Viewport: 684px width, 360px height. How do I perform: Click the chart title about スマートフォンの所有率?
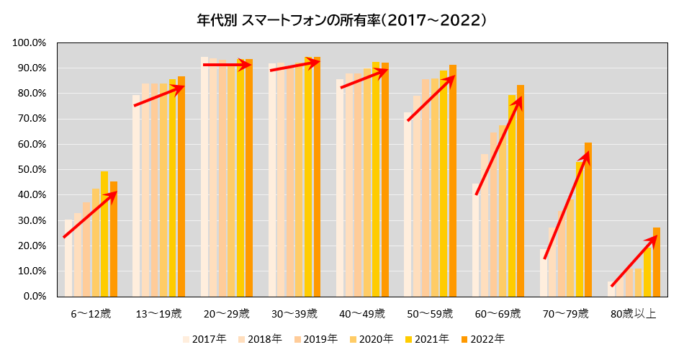click(x=342, y=21)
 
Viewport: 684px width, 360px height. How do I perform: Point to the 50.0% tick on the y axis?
click(x=31, y=170)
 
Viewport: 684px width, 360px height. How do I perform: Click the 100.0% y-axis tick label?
click(x=29, y=43)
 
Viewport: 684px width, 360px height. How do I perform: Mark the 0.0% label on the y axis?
click(x=34, y=297)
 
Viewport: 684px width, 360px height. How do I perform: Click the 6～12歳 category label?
click(x=91, y=314)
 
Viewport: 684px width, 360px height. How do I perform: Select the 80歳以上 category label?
click(x=634, y=314)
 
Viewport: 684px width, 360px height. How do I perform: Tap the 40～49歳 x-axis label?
click(x=362, y=314)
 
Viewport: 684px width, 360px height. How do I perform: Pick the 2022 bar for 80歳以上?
click(x=656, y=262)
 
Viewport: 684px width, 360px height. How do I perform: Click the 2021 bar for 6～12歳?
click(x=104, y=234)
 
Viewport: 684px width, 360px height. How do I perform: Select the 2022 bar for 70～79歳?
click(x=588, y=220)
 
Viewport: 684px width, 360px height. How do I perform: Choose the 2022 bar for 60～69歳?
click(x=521, y=191)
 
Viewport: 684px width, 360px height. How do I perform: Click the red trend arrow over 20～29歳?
click(x=227, y=66)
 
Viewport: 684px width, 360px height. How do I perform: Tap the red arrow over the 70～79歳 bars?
click(x=567, y=205)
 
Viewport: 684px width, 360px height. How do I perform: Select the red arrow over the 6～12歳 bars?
click(x=90, y=215)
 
